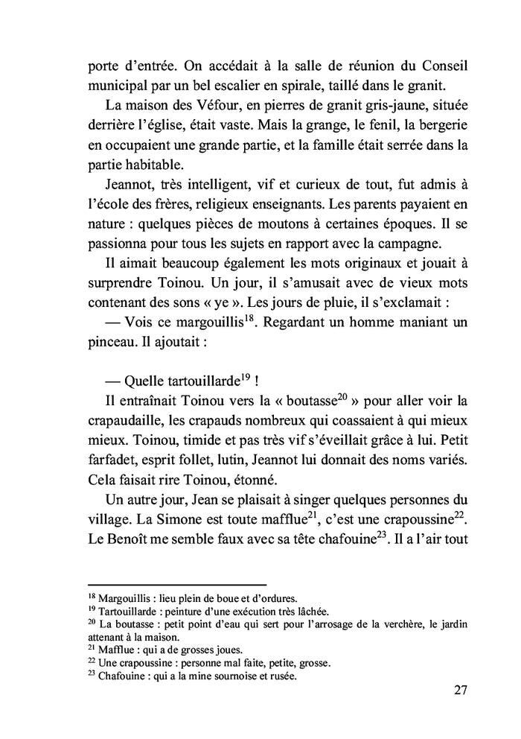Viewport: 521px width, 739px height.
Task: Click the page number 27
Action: (x=460, y=690)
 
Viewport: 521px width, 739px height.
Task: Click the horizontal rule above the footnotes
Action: (x=177, y=585)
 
